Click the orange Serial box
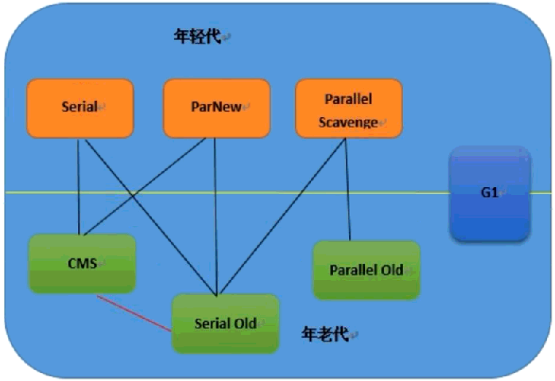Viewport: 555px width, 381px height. point(80,108)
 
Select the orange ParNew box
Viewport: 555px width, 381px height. point(216,108)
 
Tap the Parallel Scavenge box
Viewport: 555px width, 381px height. point(349,108)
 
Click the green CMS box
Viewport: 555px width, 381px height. point(82,264)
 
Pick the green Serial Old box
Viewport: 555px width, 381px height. point(226,324)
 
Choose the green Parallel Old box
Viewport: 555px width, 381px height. point(367,270)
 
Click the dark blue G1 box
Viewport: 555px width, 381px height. point(491,194)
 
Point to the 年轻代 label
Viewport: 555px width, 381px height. point(197,36)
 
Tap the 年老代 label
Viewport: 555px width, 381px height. point(325,333)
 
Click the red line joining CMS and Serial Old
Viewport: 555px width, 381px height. point(134,313)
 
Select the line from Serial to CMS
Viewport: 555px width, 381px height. point(79,187)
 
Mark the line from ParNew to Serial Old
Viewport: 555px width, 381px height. point(215,216)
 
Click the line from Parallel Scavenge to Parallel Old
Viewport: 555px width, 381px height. point(348,189)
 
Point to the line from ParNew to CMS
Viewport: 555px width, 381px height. point(145,187)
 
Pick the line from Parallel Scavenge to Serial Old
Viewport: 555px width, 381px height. point(282,216)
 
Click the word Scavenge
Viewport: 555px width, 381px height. point(348,122)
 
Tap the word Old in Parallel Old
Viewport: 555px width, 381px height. point(392,270)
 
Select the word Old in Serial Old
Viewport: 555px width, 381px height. point(246,323)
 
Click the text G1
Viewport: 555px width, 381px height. point(490,192)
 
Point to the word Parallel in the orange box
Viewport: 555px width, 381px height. point(348,99)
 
